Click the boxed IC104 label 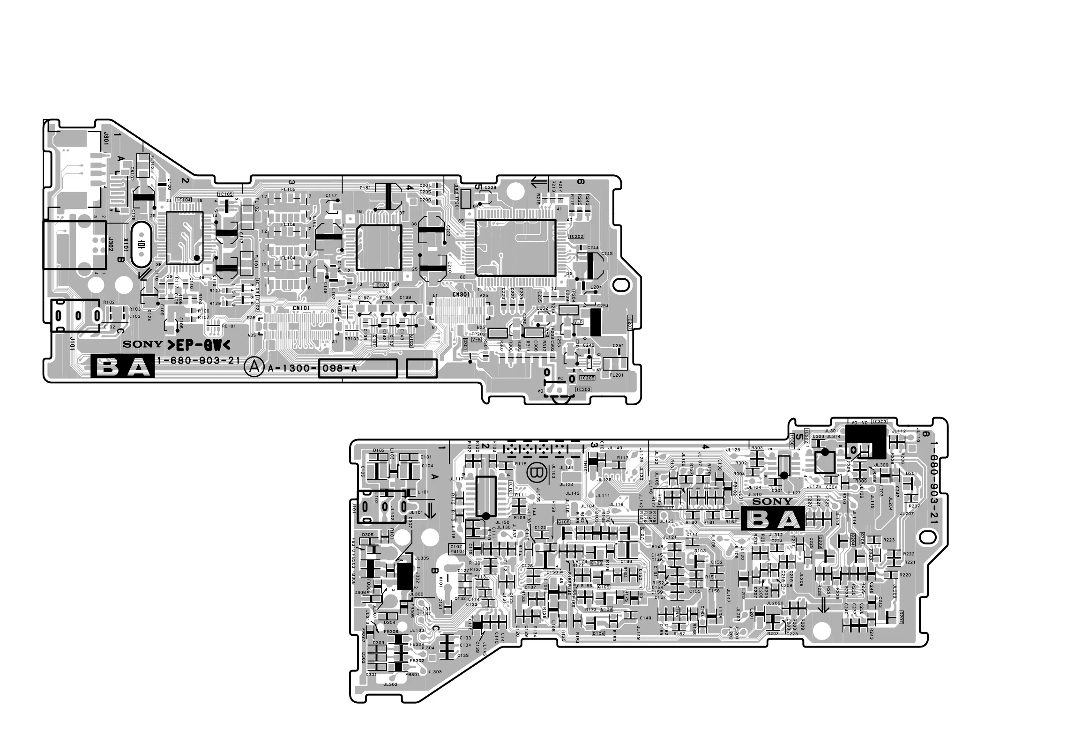click(x=183, y=200)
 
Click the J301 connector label click(x=106, y=139)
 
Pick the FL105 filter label click(x=288, y=189)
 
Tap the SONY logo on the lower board click(x=772, y=501)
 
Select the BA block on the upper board click(x=122, y=367)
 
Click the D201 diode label click(x=911, y=474)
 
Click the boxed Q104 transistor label click(x=598, y=633)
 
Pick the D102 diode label click(x=379, y=451)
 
